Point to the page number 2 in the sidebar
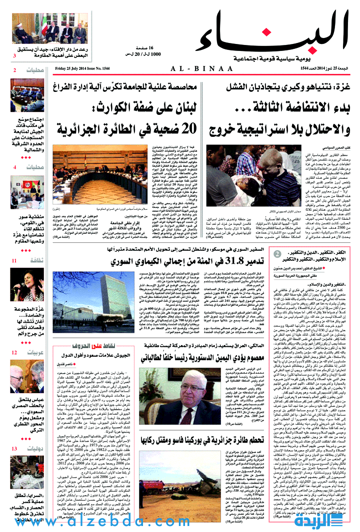click(x=15, y=70)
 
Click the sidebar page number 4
click(x=15, y=167)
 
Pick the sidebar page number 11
click(x=15, y=260)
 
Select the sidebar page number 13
click(x=15, y=449)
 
